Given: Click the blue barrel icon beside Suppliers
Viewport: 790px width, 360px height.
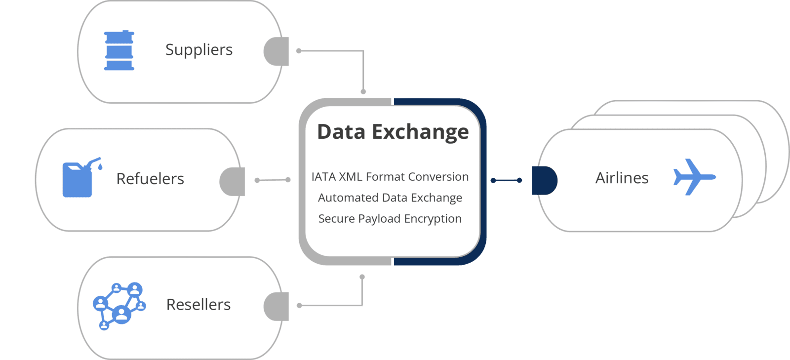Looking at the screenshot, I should point(119,50).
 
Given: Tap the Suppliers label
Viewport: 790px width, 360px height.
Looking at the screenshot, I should point(198,50).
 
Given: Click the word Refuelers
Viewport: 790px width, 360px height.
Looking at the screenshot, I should point(150,179).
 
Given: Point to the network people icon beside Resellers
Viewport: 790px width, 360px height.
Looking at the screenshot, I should point(119,306).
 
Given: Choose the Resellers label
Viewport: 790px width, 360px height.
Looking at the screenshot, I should point(198,305).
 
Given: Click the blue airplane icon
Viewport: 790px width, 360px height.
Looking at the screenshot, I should point(693,177).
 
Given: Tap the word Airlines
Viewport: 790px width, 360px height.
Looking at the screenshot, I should point(622,178).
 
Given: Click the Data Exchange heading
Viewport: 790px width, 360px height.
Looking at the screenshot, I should point(393,132).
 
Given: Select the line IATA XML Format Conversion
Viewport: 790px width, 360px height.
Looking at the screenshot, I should point(390,177).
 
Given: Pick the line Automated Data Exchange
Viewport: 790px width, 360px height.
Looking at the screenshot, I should point(390,198).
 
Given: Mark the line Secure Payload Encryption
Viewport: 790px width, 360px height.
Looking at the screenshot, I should point(390,219).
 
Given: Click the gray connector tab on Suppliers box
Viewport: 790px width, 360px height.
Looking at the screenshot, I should point(277,51).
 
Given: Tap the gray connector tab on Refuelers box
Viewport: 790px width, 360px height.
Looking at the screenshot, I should point(233,181).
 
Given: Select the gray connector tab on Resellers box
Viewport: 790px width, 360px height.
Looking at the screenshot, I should point(277,307).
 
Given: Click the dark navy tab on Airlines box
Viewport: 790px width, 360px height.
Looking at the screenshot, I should point(544,180).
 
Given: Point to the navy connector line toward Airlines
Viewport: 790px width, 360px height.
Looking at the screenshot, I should point(506,180).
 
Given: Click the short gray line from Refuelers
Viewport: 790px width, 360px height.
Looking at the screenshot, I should point(273,180).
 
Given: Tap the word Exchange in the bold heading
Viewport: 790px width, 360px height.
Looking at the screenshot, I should point(420,132).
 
